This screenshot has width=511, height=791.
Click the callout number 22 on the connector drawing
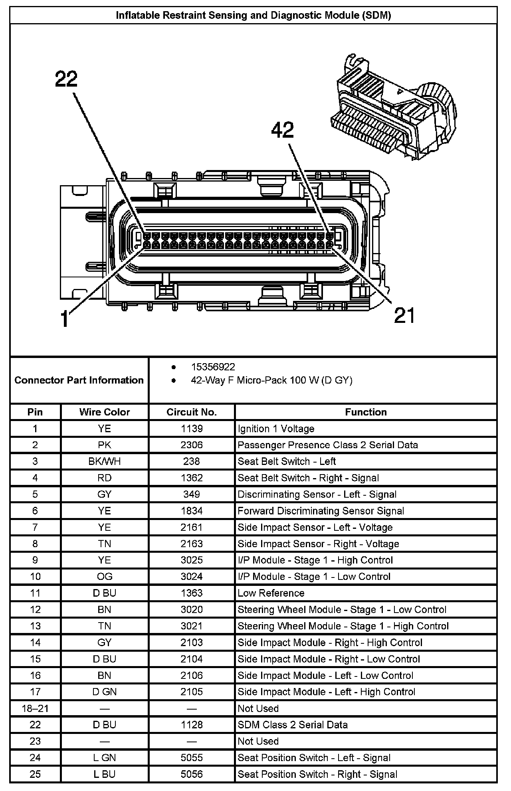point(66,79)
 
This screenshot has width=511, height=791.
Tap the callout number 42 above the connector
point(283,130)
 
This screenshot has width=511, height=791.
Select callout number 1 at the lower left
point(65,319)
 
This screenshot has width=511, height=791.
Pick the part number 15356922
point(213,367)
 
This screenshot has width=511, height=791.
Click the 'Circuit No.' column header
point(192,412)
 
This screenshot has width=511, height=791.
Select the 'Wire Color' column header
point(105,412)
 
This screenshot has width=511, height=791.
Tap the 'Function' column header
point(366,412)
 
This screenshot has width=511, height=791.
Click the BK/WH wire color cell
point(105,462)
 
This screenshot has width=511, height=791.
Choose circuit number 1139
point(192,429)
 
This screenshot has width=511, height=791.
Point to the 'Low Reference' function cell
point(271,593)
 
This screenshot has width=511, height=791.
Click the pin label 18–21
point(35,708)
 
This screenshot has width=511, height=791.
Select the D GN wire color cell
point(105,692)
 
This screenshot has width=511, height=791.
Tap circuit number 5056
point(192,775)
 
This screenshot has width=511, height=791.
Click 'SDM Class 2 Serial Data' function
point(293,725)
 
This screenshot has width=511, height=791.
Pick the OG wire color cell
point(105,577)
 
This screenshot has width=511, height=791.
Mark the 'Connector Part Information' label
point(79,380)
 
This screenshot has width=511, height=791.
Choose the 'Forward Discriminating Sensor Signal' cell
point(321,511)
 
